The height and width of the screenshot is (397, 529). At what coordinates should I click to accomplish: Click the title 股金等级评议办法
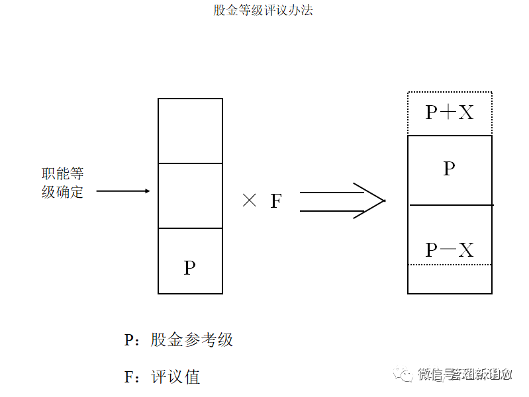263,11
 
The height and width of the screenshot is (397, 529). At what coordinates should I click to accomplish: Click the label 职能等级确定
63,183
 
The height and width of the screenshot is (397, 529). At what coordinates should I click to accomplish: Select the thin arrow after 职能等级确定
123,191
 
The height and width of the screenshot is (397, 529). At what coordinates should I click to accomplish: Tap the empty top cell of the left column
190,131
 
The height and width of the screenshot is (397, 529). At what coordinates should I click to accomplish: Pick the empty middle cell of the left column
190,196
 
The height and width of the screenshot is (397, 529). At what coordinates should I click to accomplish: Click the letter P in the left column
190,268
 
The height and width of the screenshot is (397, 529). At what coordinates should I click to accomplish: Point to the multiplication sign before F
250,201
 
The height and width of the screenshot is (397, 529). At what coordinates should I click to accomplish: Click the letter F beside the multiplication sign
276,201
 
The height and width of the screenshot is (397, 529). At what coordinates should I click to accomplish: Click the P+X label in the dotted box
450,112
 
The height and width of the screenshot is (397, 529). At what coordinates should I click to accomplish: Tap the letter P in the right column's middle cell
449,169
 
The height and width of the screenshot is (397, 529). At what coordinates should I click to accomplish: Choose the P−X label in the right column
450,250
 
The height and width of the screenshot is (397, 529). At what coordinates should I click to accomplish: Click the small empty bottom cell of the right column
450,279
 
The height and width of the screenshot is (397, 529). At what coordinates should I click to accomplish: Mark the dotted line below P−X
450,265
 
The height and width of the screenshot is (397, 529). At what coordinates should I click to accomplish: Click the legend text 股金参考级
192,340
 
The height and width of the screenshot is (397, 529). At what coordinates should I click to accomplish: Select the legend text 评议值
175,377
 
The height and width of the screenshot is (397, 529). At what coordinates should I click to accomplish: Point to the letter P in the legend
130,340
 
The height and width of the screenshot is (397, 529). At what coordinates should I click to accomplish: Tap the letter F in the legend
130,377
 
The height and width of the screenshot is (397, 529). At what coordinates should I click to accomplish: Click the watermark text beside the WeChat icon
466,375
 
